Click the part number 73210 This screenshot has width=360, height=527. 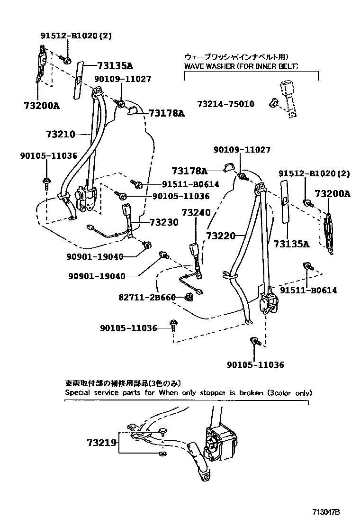[x=60, y=134]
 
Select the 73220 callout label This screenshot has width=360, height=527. [x=220, y=235]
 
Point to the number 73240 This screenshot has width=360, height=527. [x=196, y=213]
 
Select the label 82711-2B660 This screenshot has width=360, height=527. [x=147, y=298]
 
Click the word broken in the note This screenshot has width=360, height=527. [x=252, y=392]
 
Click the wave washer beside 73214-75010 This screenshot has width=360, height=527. [x=273, y=102]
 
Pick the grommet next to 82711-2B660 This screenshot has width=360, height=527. [x=187, y=297]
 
